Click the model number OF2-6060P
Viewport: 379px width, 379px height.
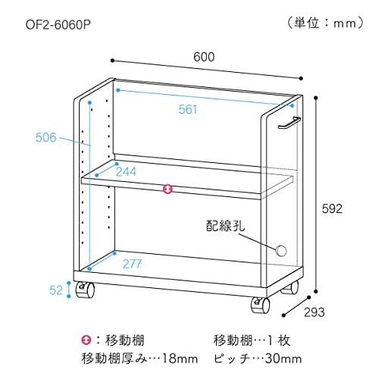pyautogui.click(x=58, y=25)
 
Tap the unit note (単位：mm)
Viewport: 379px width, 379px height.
pyautogui.click(x=326, y=23)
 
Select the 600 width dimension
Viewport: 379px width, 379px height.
pyautogui.click(x=204, y=57)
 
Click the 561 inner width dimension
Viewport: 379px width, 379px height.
pyautogui.click(x=187, y=109)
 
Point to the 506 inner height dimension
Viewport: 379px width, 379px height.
pyautogui.click(x=46, y=137)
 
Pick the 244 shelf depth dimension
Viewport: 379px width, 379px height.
pyautogui.click(x=126, y=172)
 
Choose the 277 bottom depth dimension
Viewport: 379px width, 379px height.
pyautogui.click(x=132, y=264)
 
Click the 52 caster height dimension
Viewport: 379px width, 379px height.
pyautogui.click(x=56, y=290)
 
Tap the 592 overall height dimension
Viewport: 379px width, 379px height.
pyautogui.click(x=332, y=208)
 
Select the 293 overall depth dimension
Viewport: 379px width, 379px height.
pyautogui.click(x=314, y=312)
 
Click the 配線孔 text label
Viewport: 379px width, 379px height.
pyautogui.click(x=225, y=226)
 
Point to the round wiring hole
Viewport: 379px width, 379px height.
pyautogui.click(x=281, y=250)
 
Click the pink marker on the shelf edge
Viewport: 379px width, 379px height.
pyautogui.click(x=168, y=189)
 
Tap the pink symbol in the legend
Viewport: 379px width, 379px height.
pyautogui.click(x=86, y=340)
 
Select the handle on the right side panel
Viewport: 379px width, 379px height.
pyautogui.click(x=289, y=123)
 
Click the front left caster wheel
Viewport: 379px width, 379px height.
pyautogui.click(x=86, y=290)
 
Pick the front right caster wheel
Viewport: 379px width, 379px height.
pyautogui.click(x=260, y=305)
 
